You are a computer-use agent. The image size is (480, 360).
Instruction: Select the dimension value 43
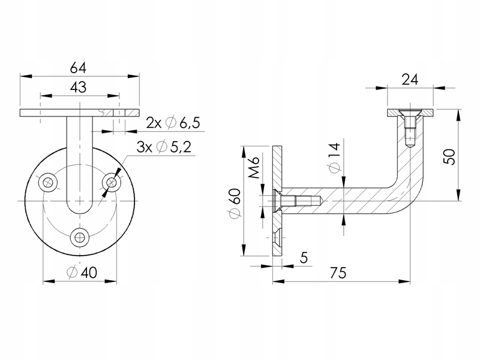(x=79, y=87)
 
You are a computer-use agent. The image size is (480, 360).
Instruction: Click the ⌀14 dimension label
(x=334, y=157)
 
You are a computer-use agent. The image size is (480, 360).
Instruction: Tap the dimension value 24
(x=410, y=79)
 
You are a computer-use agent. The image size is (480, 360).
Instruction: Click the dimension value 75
(x=338, y=272)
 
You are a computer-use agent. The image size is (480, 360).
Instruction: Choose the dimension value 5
(x=303, y=258)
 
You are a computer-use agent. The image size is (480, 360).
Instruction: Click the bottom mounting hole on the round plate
(x=79, y=237)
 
